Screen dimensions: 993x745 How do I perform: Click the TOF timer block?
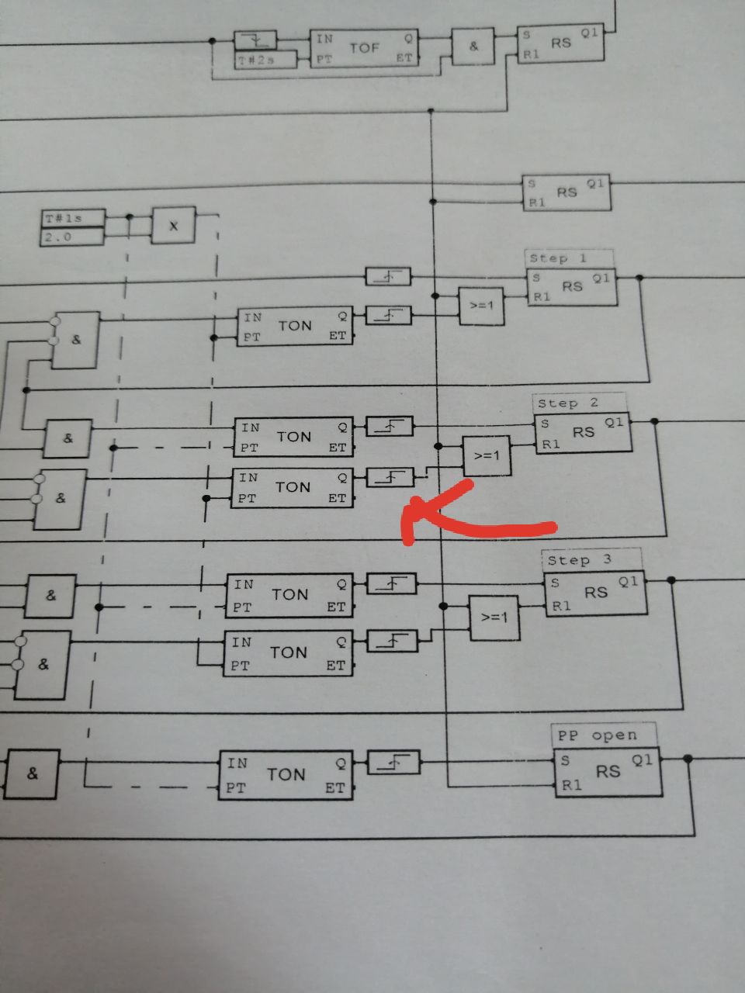364,48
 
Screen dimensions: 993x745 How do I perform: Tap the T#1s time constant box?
72,219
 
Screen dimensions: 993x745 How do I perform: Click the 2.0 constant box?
72,237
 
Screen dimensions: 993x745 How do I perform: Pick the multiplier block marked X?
173,226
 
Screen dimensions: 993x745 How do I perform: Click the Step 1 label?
569,258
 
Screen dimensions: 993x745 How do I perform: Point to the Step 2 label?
579,403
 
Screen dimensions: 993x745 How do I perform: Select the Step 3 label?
591,560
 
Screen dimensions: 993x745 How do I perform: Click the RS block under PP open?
608,773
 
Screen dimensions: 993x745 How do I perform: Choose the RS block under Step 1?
572,287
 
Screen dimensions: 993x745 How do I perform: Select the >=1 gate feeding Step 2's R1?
487,456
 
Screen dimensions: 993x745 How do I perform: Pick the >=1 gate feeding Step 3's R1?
494,618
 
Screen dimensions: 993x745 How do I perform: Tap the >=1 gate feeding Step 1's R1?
481,306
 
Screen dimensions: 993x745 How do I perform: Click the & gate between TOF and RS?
474,47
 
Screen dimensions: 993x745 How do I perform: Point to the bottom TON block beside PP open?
286,775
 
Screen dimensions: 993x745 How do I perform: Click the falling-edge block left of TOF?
255,40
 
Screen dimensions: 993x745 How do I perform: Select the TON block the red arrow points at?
293,488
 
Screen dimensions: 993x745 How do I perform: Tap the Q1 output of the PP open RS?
642,761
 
